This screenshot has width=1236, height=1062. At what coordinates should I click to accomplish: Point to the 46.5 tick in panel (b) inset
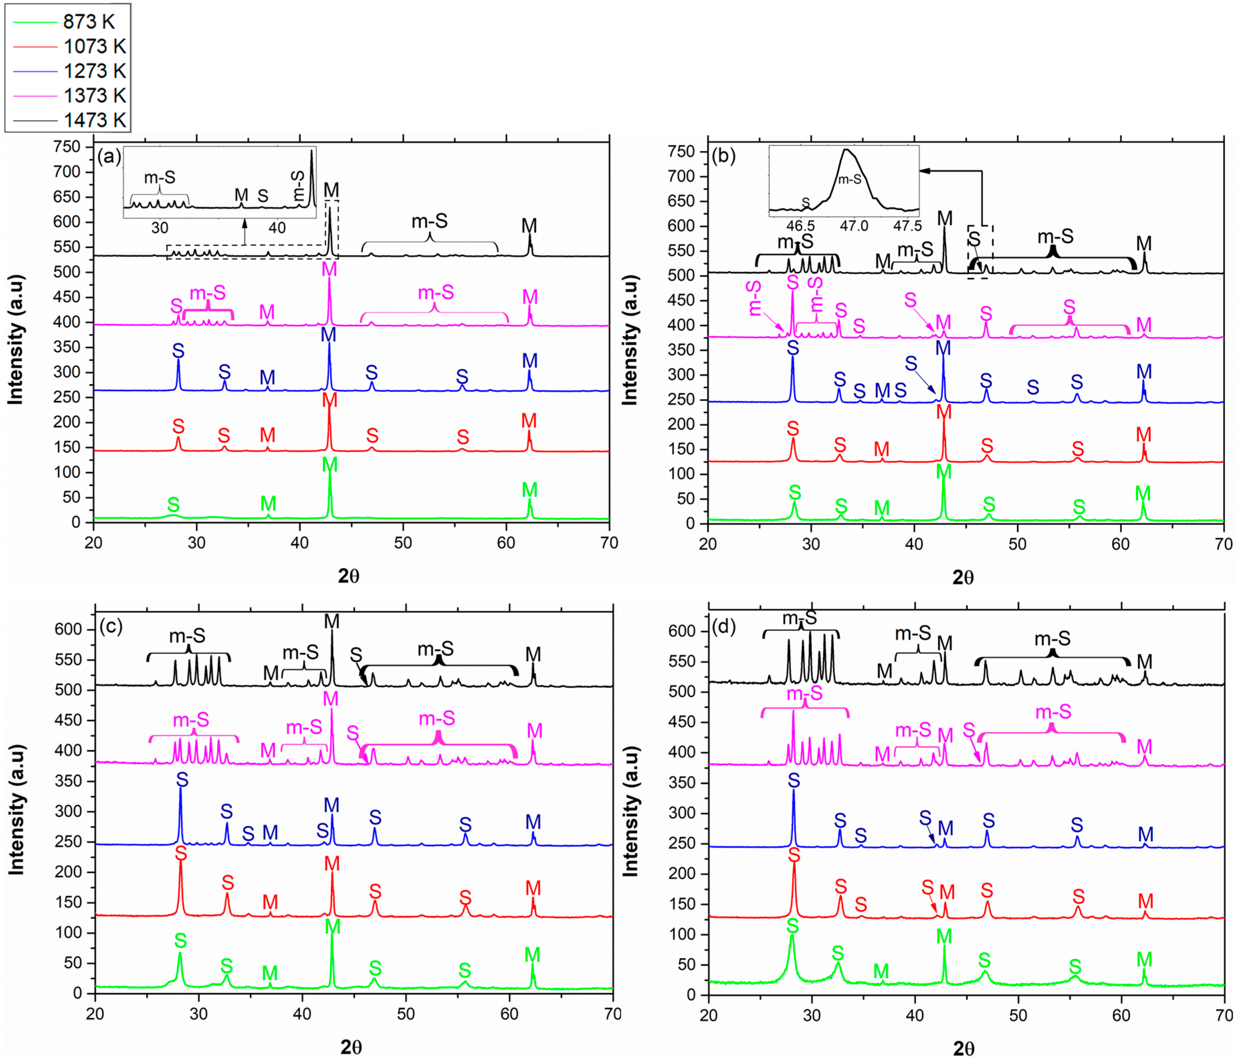click(x=800, y=226)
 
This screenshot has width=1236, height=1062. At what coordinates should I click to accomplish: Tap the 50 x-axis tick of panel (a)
click(x=403, y=543)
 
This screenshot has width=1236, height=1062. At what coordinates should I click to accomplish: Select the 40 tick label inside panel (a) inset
click(x=277, y=228)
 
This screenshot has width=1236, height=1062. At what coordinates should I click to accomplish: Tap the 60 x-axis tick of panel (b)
click(x=1120, y=544)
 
